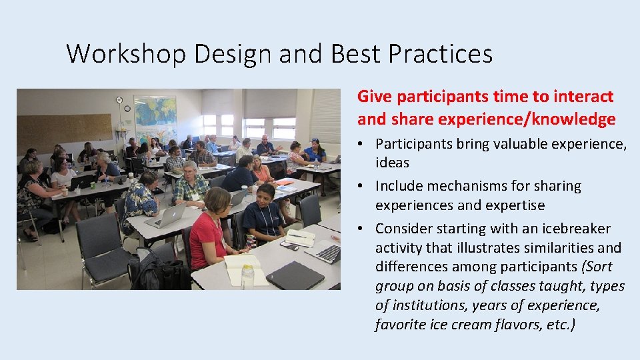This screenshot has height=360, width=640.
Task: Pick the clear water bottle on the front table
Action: point(247,275)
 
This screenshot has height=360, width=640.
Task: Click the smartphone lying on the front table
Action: point(289,246)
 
